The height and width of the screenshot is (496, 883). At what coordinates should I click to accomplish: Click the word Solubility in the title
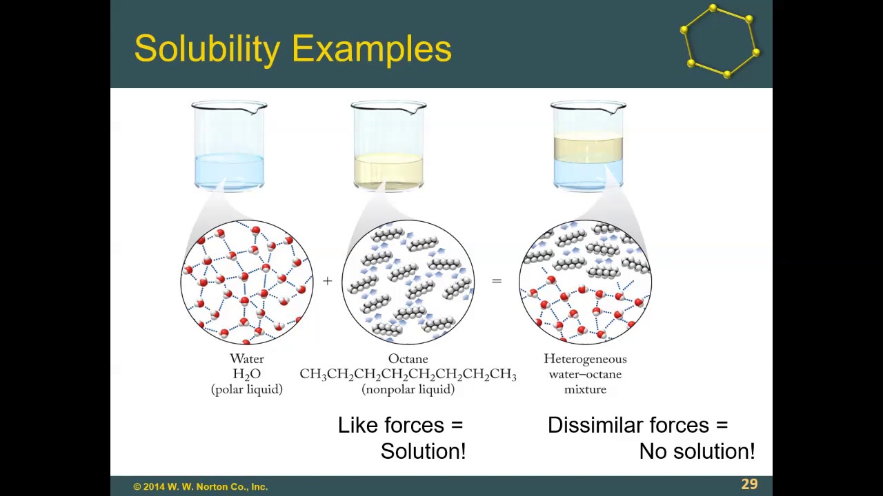point(208,50)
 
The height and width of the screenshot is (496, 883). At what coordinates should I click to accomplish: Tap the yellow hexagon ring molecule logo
point(720,41)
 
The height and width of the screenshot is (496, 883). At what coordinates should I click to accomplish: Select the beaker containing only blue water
point(229,146)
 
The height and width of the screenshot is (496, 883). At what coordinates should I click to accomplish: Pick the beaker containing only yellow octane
point(388,146)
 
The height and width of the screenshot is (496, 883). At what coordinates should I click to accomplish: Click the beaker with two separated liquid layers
point(588,146)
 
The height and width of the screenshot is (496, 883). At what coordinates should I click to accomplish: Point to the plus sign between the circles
point(327,281)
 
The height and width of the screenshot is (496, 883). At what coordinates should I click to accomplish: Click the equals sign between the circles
point(496,281)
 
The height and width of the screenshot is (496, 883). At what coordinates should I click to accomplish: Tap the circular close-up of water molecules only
point(247,281)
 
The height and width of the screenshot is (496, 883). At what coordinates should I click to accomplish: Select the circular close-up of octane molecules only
point(408,281)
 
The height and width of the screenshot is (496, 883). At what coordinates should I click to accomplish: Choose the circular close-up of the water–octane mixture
point(585,281)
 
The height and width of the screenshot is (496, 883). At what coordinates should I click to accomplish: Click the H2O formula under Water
point(246,374)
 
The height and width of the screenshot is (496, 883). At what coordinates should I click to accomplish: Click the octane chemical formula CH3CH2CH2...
point(408,374)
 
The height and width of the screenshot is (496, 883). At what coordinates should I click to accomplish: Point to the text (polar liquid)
point(246,389)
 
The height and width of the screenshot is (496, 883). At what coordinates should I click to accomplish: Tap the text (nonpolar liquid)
point(408,389)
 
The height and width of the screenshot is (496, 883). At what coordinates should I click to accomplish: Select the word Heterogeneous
point(585,359)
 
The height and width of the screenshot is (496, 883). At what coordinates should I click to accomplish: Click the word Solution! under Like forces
point(423,451)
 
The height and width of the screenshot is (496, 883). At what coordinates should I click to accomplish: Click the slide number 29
point(749,484)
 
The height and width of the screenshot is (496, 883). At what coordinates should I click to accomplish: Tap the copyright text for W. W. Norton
point(200,486)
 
